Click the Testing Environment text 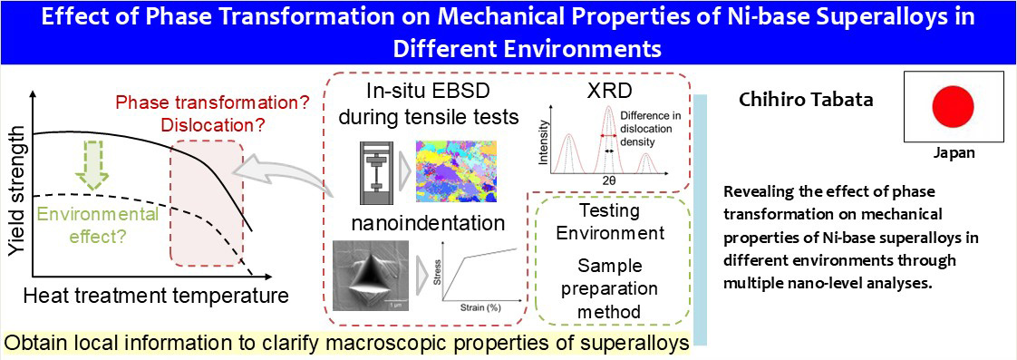[x=610, y=220]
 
